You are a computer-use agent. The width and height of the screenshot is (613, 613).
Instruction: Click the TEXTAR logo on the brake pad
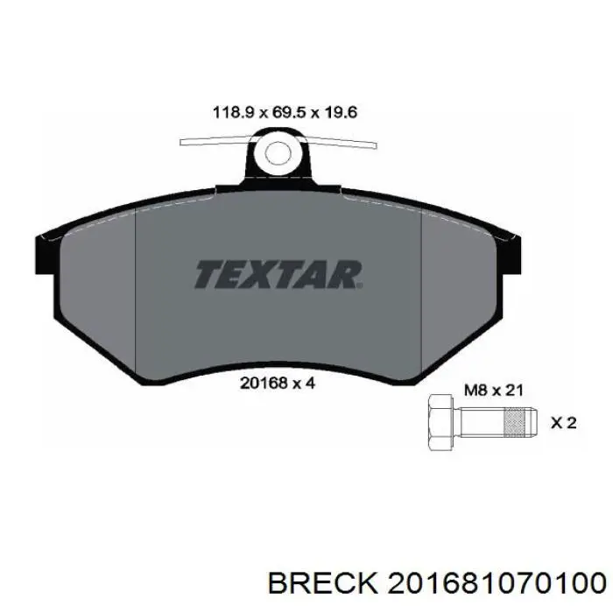click(x=278, y=274)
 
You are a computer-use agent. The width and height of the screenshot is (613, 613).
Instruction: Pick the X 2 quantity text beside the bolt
click(x=563, y=423)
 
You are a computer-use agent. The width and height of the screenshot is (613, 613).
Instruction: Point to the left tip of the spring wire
click(x=182, y=141)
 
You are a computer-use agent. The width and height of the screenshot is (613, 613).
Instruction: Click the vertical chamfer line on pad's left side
click(x=137, y=289)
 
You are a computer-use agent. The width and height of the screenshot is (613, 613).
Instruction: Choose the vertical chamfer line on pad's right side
click(x=422, y=289)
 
